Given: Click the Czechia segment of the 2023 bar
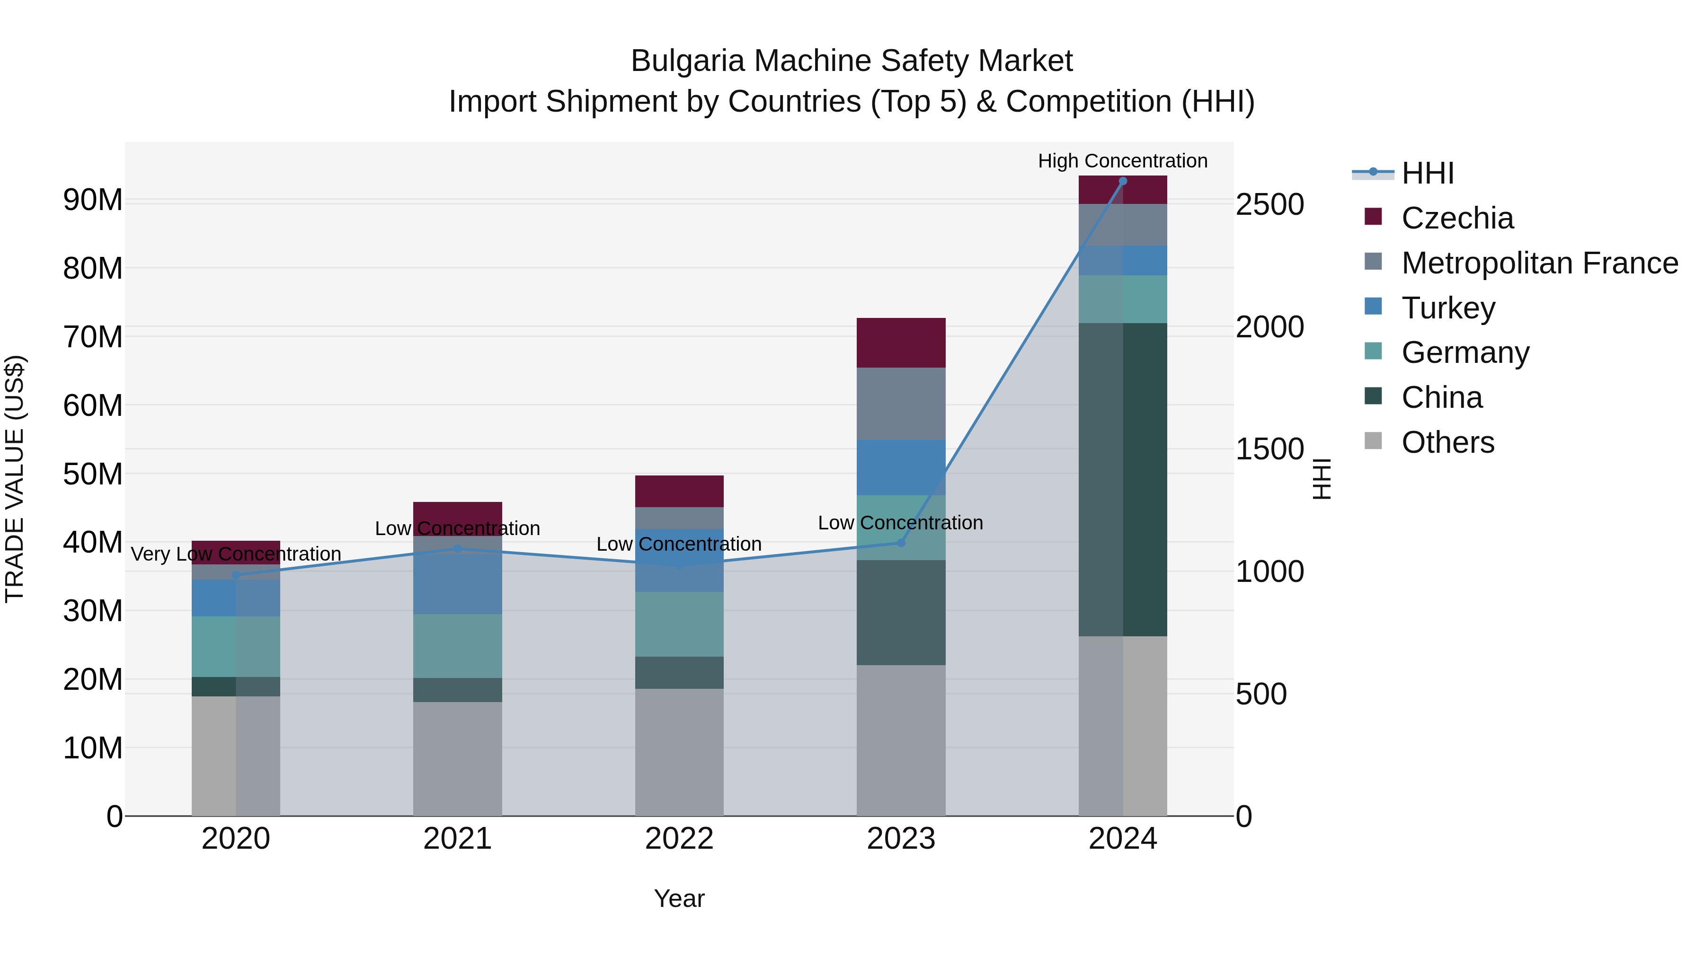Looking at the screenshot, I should (x=901, y=343).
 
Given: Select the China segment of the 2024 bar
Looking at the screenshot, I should (x=1123, y=479).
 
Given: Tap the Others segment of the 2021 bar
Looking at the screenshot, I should (x=457, y=758).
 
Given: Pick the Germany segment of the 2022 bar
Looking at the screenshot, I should (x=679, y=624).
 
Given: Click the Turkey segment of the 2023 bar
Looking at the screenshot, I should (x=901, y=467).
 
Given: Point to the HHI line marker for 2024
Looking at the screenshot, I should (x=1123, y=181).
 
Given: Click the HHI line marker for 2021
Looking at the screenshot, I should (x=457, y=549).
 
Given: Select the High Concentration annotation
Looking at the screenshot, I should (x=1123, y=161).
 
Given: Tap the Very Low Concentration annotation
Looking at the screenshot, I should (x=236, y=554).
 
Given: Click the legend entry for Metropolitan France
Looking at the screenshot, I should (x=1539, y=263).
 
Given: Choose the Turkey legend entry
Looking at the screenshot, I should (x=1448, y=308).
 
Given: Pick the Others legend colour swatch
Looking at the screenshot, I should (x=1373, y=441).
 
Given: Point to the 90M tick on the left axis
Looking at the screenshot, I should (x=93, y=200).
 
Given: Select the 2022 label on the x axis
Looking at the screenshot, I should (x=679, y=839).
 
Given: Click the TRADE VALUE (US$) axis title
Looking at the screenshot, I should (x=15, y=479).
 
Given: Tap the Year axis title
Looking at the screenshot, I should (x=679, y=898).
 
